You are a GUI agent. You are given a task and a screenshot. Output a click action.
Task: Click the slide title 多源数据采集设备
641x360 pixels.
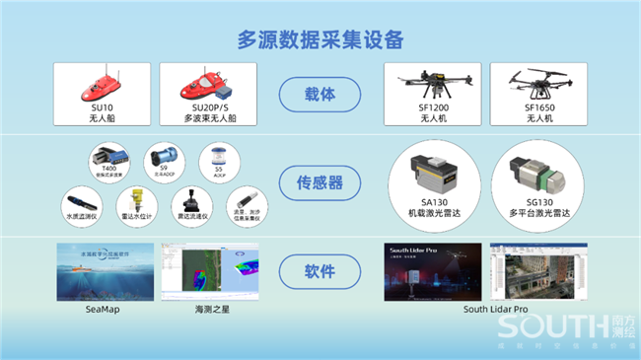tap(320, 39)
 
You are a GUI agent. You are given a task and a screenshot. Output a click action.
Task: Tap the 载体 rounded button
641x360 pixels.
tap(320, 96)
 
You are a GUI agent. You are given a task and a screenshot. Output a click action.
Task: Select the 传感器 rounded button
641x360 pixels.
tap(320, 181)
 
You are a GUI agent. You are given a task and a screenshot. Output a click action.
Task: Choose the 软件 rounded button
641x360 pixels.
tap(320, 269)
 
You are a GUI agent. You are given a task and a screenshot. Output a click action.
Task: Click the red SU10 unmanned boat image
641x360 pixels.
tap(101, 85)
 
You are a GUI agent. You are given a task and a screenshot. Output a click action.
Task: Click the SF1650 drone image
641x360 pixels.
tap(538, 86)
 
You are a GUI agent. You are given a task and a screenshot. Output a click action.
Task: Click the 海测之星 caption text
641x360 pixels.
tap(211, 309)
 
